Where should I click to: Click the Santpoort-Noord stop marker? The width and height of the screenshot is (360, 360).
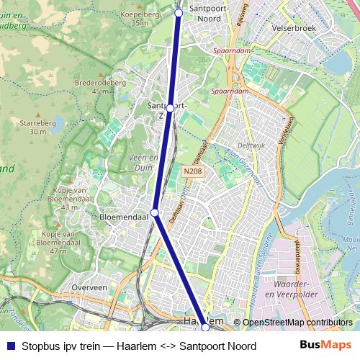pos(179,12)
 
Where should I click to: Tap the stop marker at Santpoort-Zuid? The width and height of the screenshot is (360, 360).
pos(170,108)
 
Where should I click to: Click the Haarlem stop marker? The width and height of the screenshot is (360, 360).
pos(205,328)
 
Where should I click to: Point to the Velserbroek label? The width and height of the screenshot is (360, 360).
pos(294,28)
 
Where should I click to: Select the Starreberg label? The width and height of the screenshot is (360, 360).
pos(38,127)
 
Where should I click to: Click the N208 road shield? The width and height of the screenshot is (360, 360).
pos(191,171)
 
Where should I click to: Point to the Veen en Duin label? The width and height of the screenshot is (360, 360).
pos(143,162)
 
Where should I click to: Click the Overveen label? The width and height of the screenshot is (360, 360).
pos(89,287)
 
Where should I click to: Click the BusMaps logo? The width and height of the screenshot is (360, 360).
pos(325,346)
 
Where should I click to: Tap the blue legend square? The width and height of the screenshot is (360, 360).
pos(11,346)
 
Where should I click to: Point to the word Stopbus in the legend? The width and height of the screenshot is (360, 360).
pos(40,346)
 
